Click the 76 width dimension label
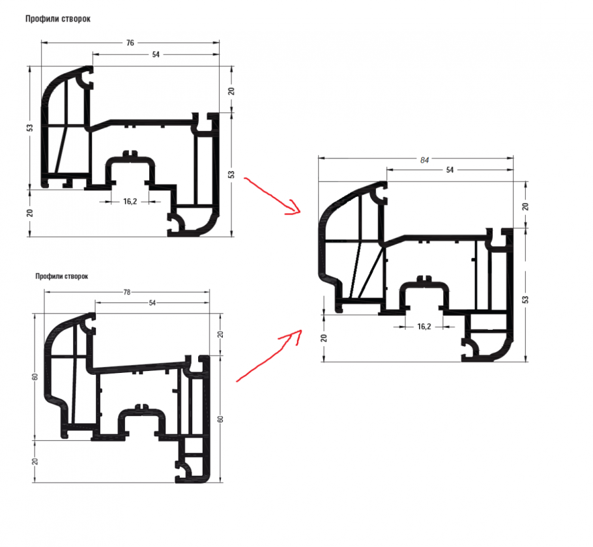(130, 43)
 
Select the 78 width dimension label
(127, 292)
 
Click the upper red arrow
(270, 194)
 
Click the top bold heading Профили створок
(58, 19)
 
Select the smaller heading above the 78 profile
(62, 276)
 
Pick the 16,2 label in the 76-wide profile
(130, 201)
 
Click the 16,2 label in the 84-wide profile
(424, 326)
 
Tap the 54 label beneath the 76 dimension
(156, 55)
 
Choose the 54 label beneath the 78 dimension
(152, 303)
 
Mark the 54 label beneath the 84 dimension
(450, 170)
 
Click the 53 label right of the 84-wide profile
(525, 299)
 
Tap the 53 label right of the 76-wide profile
(231, 174)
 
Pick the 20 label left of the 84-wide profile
(324, 337)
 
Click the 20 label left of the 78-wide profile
(35, 461)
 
